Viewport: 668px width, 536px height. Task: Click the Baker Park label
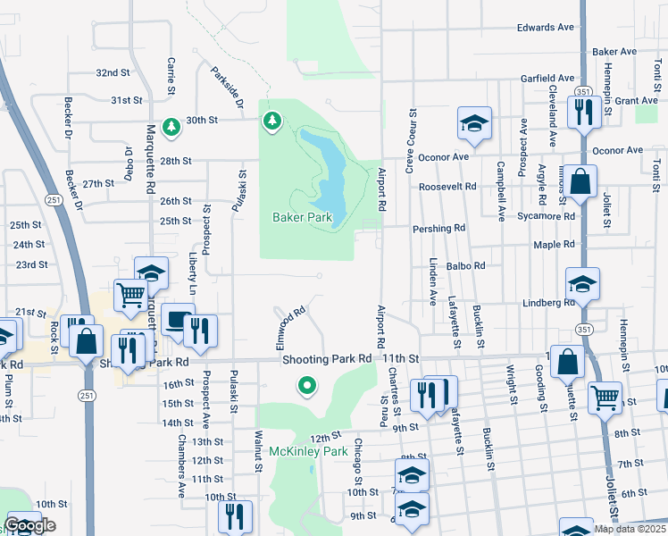(302, 217)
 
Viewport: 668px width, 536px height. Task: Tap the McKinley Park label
(308, 452)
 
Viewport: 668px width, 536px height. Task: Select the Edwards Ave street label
(545, 28)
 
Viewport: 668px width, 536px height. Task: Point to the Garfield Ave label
(549, 78)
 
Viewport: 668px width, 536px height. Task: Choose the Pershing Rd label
(439, 229)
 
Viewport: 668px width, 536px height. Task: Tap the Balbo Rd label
(466, 265)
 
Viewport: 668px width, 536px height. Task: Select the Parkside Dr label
(228, 88)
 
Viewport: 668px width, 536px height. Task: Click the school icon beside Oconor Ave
(475, 126)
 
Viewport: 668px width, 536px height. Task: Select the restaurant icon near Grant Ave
(582, 113)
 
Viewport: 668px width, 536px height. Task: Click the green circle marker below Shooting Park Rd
(307, 386)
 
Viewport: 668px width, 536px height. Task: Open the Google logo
(29, 526)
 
